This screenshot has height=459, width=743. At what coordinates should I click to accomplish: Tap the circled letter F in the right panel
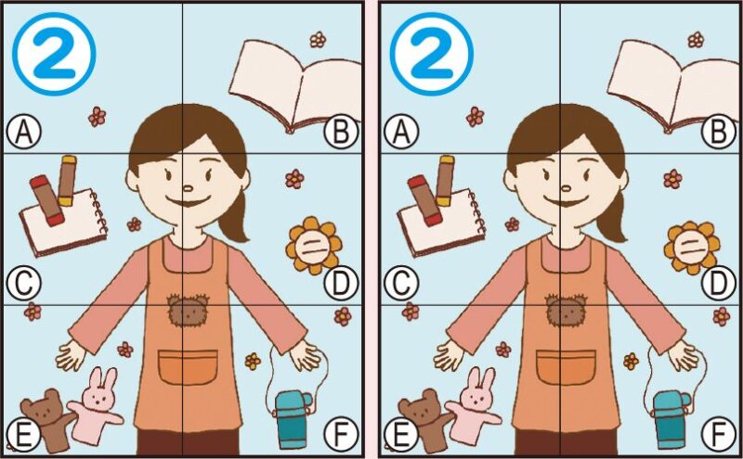[x=718, y=433]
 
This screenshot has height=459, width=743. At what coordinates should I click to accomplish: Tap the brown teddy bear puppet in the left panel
[x=46, y=417]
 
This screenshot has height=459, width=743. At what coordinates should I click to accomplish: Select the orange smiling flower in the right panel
[x=690, y=246]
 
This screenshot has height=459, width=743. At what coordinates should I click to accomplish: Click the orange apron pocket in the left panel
[x=188, y=367]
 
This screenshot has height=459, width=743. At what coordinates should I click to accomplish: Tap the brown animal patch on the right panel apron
[x=566, y=312]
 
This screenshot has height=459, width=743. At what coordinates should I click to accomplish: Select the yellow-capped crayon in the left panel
[x=67, y=179]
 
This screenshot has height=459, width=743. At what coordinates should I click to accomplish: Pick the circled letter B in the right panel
[x=718, y=133]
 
